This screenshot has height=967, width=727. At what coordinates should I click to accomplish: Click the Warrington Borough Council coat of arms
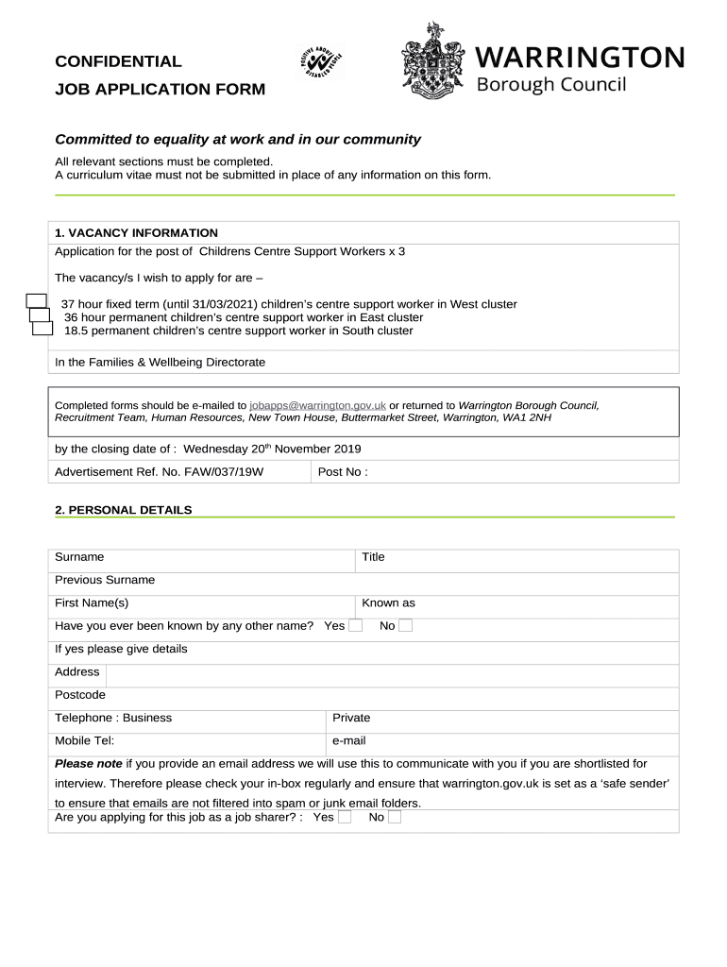[x=435, y=64]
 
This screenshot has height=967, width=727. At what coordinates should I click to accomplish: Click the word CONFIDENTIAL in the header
[x=118, y=61]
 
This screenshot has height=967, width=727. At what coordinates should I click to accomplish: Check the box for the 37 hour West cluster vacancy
[x=36, y=301]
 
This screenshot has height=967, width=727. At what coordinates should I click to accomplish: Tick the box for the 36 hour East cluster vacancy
[x=40, y=315]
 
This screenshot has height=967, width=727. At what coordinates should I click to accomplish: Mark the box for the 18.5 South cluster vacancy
[x=42, y=329]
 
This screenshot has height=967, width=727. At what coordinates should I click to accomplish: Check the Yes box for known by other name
[x=355, y=625]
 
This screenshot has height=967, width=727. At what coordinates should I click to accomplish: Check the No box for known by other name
[x=405, y=625]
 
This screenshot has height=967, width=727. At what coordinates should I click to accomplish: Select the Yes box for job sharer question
[x=345, y=817]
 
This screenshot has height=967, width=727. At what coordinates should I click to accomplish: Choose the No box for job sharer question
[x=395, y=817]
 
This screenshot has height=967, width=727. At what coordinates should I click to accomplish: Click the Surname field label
[x=79, y=557]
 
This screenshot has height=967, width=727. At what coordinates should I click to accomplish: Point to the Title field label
[x=373, y=557]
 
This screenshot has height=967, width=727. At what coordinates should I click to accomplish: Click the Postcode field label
[x=80, y=695]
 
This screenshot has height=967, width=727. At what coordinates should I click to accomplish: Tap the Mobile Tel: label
[x=85, y=741]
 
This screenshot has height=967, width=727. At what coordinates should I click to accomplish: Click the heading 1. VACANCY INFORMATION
[x=136, y=233]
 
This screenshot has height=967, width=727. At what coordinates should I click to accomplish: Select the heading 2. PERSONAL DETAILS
[x=123, y=510]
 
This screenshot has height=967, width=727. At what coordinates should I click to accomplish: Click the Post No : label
[x=343, y=471]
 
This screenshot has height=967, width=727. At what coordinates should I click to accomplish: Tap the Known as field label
[x=388, y=602]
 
